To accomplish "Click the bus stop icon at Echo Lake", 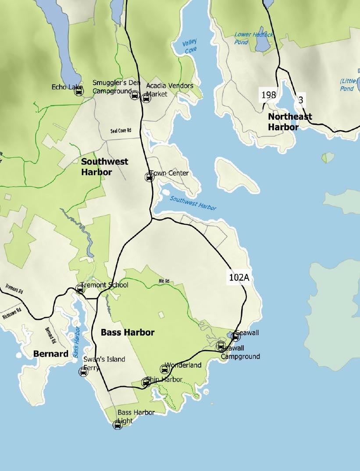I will click(79, 91).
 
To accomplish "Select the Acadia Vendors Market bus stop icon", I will click(146, 98).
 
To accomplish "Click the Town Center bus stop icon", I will click(149, 177).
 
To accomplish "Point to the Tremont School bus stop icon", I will click(80, 288).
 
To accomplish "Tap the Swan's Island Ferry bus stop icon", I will click(83, 372).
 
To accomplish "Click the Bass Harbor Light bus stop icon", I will click(118, 424).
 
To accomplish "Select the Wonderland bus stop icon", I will click(164, 369).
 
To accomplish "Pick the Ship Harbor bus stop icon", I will click(146, 383).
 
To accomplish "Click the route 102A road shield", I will click(239, 277).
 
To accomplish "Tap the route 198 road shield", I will click(268, 95).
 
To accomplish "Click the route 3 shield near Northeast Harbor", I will click(300, 100).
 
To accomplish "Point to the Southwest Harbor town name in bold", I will click(105, 166).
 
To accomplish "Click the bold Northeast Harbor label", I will click(290, 122).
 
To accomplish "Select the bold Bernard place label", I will click(51, 354).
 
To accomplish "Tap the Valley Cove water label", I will click(190, 46).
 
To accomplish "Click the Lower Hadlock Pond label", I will click(254, 39).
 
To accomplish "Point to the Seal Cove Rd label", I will click(121, 130).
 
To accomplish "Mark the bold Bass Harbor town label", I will click(128, 333).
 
